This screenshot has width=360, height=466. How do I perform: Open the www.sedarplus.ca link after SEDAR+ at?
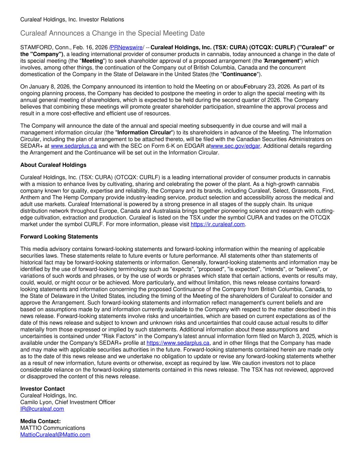click(x=74, y=146)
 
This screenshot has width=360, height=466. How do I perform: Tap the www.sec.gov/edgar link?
click(x=235, y=146)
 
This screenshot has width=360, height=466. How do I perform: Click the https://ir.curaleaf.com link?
click(x=218, y=224)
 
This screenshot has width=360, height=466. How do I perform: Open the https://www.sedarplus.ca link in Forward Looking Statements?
click(x=178, y=343)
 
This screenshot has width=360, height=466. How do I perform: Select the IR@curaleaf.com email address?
click(x=42, y=409)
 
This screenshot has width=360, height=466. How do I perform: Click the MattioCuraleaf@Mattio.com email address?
click(x=55, y=435)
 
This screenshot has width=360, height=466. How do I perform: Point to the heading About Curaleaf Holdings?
click(x=53, y=165)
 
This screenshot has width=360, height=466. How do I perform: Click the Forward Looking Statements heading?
click(x=59, y=237)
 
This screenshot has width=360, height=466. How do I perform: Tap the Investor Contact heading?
click(x=42, y=389)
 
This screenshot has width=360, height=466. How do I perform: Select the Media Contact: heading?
click(x=40, y=421)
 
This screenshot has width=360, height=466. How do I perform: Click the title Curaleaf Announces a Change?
click(x=113, y=33)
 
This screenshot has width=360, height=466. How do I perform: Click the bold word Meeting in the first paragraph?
click(x=93, y=61)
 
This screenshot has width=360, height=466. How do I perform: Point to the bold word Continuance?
click(x=240, y=74)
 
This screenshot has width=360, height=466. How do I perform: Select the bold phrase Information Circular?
click(x=144, y=132)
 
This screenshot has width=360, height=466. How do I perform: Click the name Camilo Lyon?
click(x=36, y=402)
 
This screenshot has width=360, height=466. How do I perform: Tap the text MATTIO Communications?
click(x=53, y=428)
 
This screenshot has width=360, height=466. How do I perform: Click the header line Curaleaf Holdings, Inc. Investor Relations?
click(x=72, y=19)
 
